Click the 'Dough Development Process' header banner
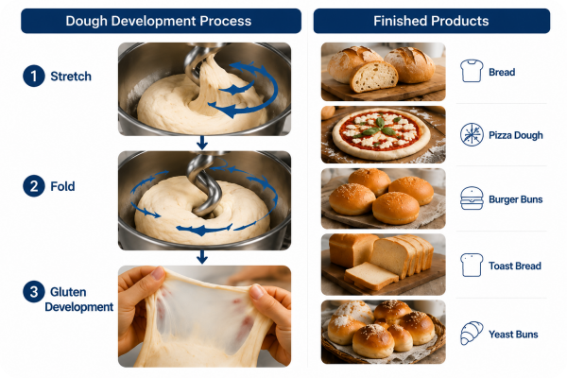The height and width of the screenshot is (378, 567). click(161, 21)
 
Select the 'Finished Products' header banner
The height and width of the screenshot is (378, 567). click(432, 21)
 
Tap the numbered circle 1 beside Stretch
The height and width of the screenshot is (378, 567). click(34, 76)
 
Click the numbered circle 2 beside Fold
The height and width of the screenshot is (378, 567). click(34, 186)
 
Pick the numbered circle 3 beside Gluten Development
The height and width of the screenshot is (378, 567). click(34, 292)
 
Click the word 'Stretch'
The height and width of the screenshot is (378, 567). click(71, 77)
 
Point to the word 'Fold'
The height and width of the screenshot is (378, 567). click(62, 186)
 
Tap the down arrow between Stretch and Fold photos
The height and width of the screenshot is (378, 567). click(202, 143)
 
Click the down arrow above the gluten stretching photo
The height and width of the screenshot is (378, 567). click(202, 257)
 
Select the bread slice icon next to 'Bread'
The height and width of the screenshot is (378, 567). click(472, 71)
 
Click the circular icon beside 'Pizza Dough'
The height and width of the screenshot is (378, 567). click(472, 134)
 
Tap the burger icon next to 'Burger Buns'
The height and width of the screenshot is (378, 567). click(472, 198)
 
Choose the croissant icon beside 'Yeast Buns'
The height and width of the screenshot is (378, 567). click(472, 334)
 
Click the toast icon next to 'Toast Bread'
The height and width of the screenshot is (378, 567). click(472, 266)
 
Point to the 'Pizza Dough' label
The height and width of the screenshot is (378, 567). click(516, 135)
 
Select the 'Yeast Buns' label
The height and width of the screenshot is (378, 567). click(513, 335)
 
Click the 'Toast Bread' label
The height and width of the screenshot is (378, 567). click(515, 266)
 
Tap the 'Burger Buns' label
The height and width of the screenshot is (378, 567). click(516, 199)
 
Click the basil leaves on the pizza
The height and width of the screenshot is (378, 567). click(380, 128)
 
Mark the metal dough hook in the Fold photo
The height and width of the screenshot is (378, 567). click(203, 184)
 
